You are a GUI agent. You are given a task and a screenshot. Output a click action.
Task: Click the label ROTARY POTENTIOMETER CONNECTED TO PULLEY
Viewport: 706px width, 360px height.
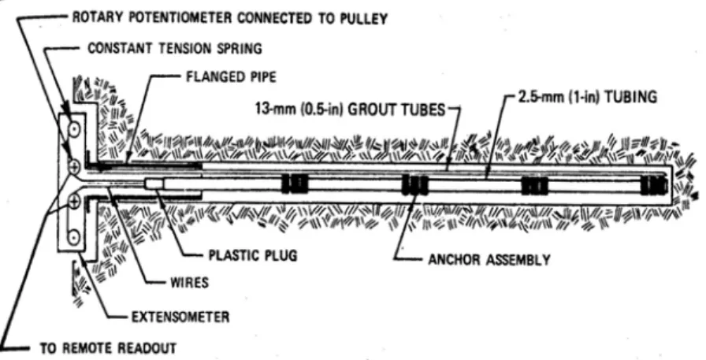click(x=230, y=18)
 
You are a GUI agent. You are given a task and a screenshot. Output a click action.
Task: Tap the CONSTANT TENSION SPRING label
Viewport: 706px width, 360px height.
click(x=175, y=48)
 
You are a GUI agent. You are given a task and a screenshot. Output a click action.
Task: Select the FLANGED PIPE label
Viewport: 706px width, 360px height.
click(x=231, y=77)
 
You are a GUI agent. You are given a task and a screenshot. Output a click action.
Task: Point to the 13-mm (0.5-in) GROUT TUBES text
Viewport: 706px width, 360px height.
click(x=351, y=109)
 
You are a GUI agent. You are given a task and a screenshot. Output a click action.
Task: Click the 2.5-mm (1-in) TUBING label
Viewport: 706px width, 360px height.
click(x=588, y=97)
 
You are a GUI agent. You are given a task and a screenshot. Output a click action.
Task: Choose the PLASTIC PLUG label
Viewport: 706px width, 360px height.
click(x=253, y=255)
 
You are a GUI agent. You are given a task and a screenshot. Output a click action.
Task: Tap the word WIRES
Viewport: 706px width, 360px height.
click(x=189, y=283)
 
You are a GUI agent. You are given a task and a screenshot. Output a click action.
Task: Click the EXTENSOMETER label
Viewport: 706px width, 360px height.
click(x=180, y=317)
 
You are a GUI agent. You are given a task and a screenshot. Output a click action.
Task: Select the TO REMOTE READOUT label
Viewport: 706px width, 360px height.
click(x=108, y=348)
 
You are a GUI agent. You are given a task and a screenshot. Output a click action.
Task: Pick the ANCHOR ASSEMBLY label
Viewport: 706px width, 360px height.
click(x=489, y=260)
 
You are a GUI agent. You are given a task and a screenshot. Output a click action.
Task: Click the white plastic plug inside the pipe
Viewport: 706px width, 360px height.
click(x=155, y=184)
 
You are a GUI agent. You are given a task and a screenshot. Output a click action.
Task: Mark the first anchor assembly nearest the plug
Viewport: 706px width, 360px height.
click(x=295, y=184)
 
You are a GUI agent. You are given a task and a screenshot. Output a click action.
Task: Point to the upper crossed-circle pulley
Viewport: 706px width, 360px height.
click(x=74, y=167)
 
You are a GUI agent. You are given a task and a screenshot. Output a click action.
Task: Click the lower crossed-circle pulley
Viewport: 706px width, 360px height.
click(x=74, y=201)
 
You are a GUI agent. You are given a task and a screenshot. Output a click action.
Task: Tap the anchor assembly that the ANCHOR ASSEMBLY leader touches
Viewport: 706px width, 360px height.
click(x=414, y=184)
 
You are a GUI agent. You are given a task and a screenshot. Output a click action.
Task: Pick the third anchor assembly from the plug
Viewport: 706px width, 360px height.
click(x=534, y=185)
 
